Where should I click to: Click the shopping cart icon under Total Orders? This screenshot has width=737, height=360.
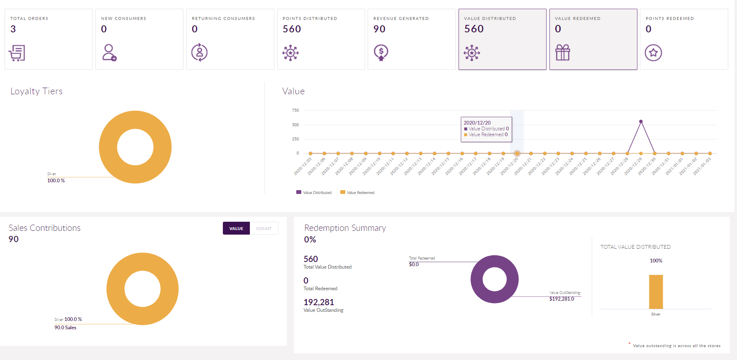pos(17,53)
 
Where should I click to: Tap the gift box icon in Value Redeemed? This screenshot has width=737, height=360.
pos(563,53)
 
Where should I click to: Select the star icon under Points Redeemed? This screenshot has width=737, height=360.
pos(653,53)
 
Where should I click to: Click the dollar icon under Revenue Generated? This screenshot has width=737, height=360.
pos(381,53)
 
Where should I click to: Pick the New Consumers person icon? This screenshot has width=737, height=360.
pos(109,53)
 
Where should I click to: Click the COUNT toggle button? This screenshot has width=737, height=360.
pos(264,228)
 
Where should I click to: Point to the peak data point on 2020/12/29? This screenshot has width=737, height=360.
pos(641,122)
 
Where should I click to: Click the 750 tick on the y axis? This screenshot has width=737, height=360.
pos(295,110)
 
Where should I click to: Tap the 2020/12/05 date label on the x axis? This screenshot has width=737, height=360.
pos(303,166)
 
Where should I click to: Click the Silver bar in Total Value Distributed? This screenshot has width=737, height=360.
pos(656,292)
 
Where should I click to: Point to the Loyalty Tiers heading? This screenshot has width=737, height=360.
pos(37,91)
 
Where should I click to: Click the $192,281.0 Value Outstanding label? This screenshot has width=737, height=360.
pos(561,299)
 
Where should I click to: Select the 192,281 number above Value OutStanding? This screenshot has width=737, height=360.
pos(319,302)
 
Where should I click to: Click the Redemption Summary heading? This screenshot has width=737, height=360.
pos(345,228)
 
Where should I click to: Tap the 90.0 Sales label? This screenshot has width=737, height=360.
pos(65,328)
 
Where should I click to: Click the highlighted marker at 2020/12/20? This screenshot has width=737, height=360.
pos(517,154)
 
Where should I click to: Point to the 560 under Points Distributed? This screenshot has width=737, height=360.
pos(292,29)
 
